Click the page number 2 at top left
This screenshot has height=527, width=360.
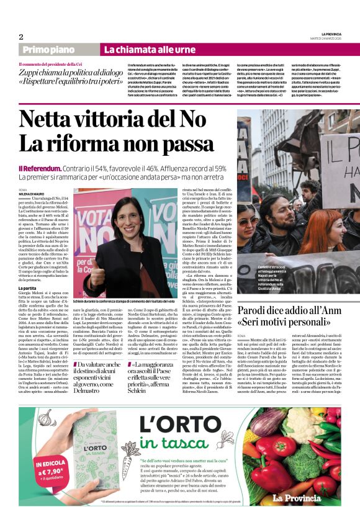[21, 37]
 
